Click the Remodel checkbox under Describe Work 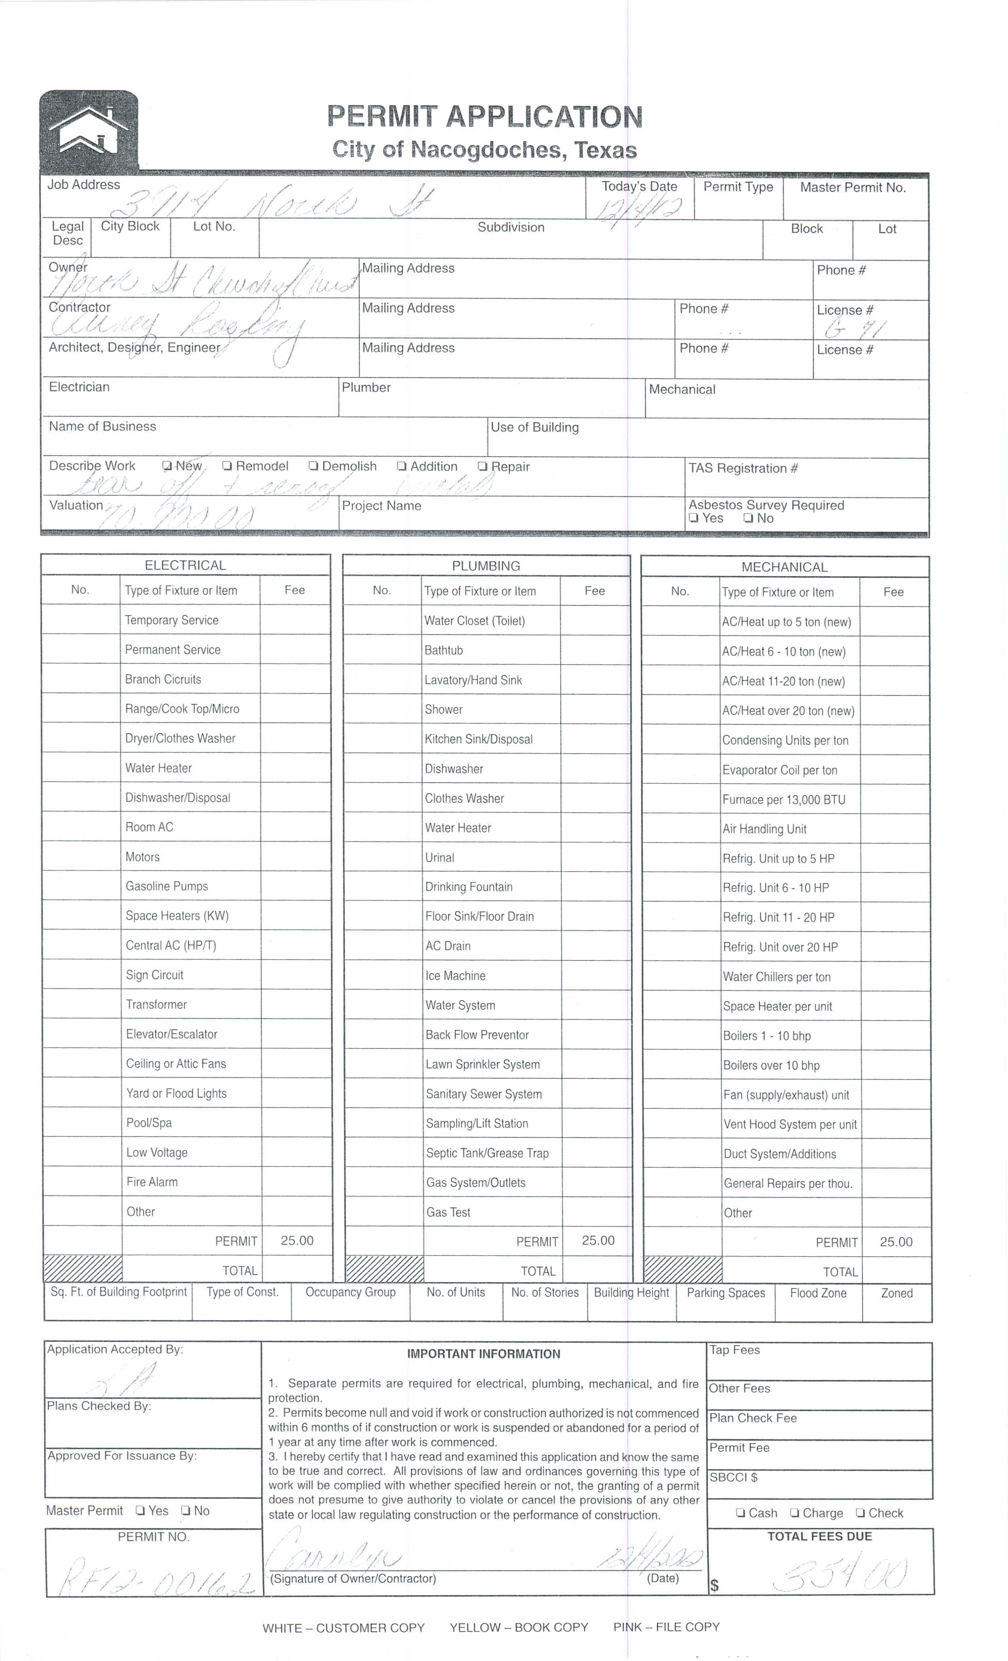tap(228, 466)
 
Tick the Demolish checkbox tap(313, 466)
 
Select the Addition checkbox tap(402, 466)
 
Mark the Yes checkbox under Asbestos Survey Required tap(693, 518)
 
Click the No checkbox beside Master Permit tap(185, 1511)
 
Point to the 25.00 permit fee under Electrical tap(297, 1240)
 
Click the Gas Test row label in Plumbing tap(448, 1212)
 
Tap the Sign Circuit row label tap(154, 975)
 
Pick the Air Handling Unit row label tap(764, 829)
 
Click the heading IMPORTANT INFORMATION tap(483, 1354)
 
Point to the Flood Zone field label tap(818, 1293)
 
